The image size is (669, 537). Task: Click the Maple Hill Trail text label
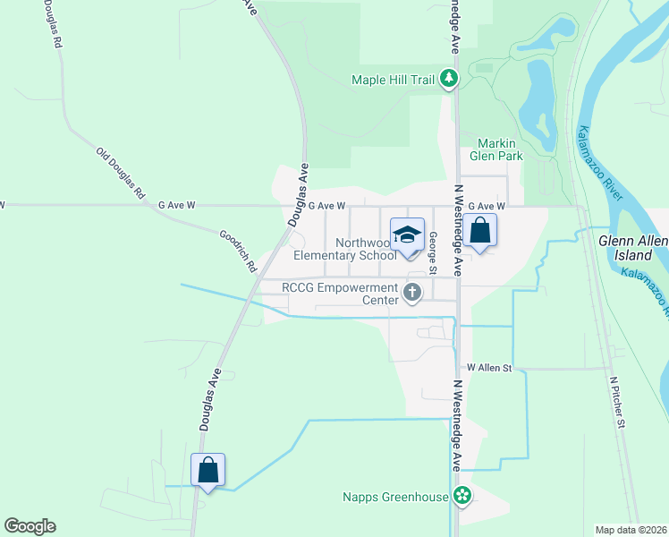coord(394,80)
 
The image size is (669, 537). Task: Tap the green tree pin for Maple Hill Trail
coord(450,80)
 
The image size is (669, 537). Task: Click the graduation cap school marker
coord(408,235)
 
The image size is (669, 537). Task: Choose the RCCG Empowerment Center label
coord(339,294)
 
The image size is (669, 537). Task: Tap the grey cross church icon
coord(412,291)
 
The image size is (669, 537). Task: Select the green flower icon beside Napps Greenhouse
coord(462,495)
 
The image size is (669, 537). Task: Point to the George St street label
coord(432,253)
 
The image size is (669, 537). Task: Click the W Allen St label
coord(487,368)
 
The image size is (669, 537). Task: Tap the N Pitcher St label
coord(615,402)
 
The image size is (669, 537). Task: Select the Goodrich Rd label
coord(238,251)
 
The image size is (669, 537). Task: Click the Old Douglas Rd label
coord(121,172)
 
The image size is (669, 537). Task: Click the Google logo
coord(30,526)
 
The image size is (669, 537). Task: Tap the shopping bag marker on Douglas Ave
coord(207,470)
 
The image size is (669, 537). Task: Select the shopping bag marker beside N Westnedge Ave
coord(479,231)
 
